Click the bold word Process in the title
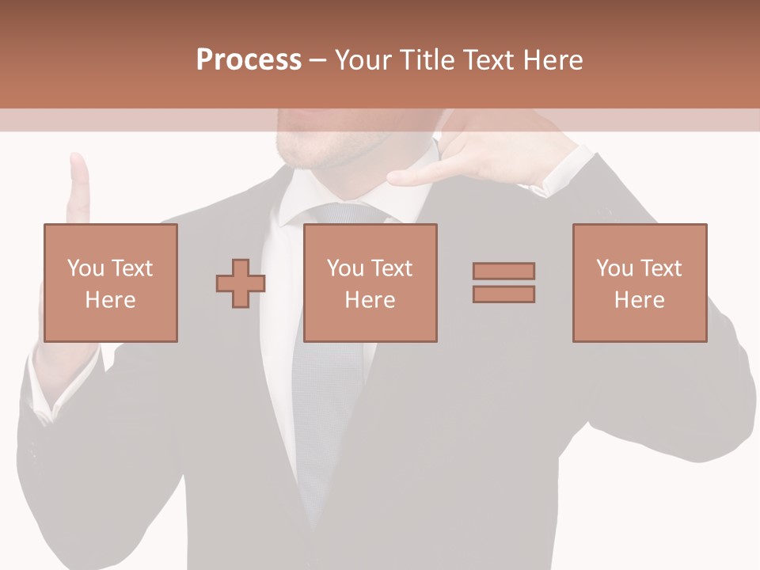(x=249, y=60)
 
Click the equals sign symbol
(x=503, y=283)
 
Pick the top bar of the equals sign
(x=503, y=272)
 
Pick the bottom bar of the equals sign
(x=503, y=294)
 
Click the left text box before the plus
(x=110, y=283)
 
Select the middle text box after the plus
(x=370, y=283)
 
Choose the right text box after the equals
(x=640, y=283)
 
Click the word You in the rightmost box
(x=614, y=268)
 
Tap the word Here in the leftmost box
(x=110, y=300)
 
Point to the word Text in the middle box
(x=392, y=268)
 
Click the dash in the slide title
(x=318, y=60)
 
